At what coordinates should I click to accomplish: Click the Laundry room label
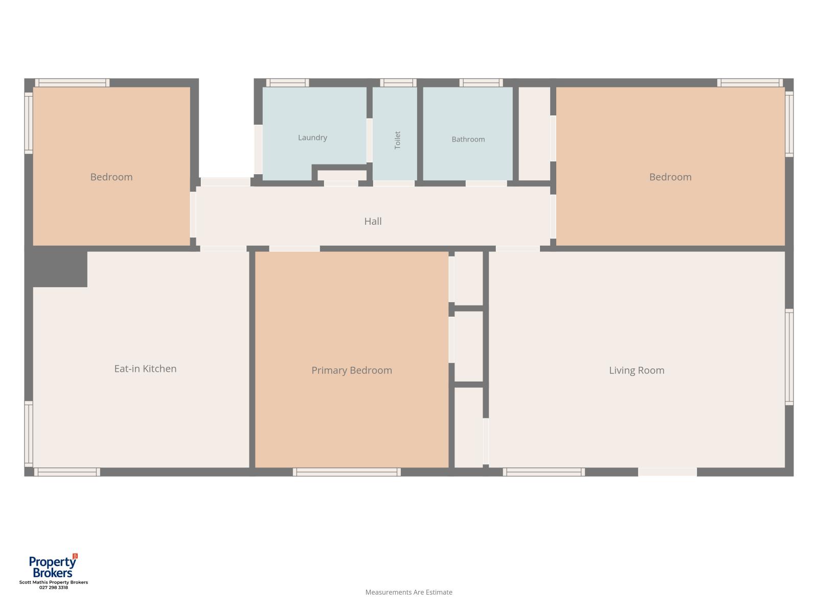[x=312, y=138]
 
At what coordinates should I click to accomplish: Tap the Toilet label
[x=397, y=140]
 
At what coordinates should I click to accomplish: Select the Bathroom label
[x=468, y=139]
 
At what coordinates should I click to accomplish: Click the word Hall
[x=373, y=221]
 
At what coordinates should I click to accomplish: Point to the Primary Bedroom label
[x=351, y=370]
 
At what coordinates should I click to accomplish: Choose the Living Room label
[x=636, y=370]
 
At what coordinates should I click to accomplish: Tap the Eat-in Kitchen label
[x=145, y=368]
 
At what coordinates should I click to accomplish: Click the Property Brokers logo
[x=53, y=566]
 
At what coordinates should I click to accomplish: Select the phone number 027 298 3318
[x=53, y=587]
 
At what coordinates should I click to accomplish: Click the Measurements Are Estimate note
[x=408, y=592]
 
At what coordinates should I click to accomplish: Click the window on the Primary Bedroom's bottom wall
[x=347, y=472]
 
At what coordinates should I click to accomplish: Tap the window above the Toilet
[x=398, y=83]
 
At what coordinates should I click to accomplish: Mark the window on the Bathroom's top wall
[x=481, y=83]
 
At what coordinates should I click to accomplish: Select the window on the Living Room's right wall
[x=789, y=357]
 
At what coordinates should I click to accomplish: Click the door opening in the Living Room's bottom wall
[x=667, y=472]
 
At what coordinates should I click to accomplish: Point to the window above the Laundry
[x=287, y=83]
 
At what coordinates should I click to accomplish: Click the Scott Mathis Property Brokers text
[x=53, y=582]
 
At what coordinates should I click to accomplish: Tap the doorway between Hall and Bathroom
[x=486, y=183]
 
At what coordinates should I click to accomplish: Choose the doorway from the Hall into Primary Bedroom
[x=294, y=249]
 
